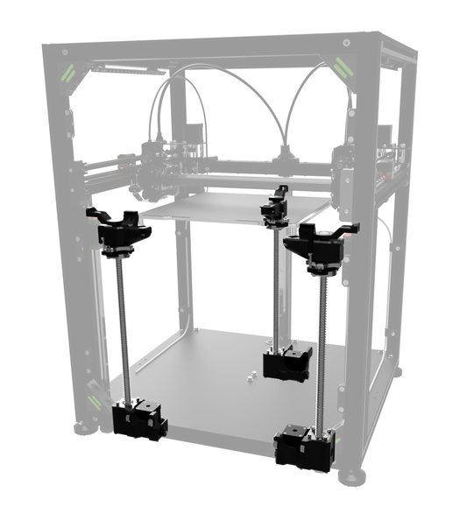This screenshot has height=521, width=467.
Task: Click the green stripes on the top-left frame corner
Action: tap(67, 71)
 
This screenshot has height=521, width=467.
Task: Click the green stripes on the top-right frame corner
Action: tap(342, 66)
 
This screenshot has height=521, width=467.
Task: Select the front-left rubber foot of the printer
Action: tap(85, 428)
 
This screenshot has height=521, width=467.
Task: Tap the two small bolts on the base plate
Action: tap(249, 376)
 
